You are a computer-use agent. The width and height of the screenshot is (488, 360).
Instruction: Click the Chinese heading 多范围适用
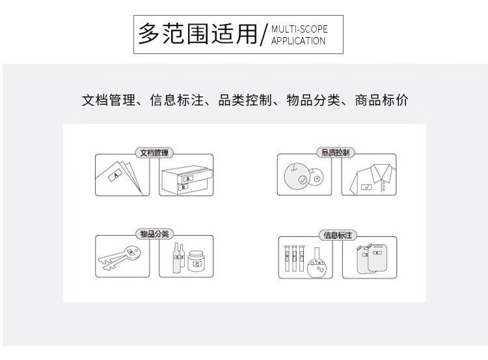198,34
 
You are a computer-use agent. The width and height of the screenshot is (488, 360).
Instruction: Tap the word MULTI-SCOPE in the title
299,29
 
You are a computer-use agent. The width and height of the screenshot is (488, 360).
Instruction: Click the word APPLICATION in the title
298,41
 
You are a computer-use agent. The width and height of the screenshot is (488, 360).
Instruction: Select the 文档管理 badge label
154,152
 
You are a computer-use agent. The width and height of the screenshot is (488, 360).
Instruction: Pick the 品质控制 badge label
336,152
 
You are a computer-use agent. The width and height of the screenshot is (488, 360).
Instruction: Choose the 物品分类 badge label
154,234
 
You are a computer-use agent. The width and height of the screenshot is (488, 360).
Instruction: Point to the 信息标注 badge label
338,235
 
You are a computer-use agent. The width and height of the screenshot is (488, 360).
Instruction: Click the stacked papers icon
120,178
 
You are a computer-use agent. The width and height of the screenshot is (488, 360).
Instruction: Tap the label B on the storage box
183,187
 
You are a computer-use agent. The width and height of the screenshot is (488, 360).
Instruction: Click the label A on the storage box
187,179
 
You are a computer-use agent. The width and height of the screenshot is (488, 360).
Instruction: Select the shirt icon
372,180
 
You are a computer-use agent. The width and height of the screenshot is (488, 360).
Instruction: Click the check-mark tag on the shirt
366,187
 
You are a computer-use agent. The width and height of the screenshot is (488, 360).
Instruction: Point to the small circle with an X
317,178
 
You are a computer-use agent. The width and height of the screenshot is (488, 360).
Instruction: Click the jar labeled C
197,261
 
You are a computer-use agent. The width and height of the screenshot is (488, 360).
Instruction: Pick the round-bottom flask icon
317,263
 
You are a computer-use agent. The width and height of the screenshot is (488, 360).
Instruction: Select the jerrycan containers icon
372,258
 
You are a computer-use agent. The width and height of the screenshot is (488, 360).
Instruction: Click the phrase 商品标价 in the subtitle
381,100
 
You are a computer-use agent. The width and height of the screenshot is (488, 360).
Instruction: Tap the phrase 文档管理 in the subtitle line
109,100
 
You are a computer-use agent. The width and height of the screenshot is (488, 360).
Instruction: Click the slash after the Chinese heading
264,35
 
